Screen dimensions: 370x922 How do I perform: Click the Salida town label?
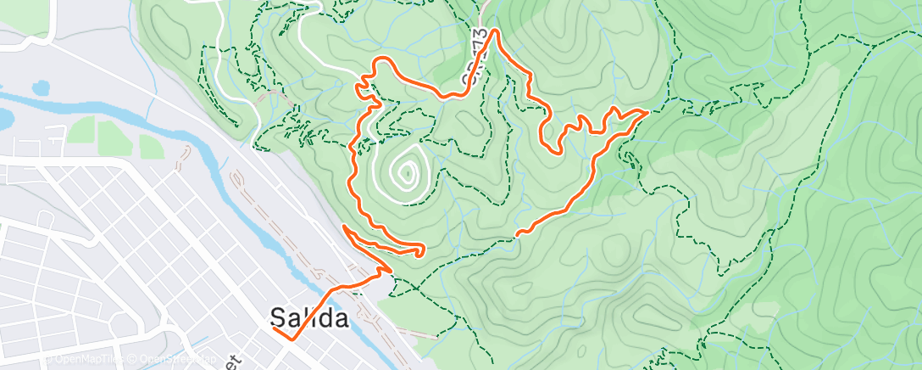[x=309, y=318]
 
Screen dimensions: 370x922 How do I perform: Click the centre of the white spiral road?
[x=408, y=174]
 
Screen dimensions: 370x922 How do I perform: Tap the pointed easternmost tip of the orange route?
[x=648, y=111]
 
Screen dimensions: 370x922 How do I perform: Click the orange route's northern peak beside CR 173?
[x=493, y=31]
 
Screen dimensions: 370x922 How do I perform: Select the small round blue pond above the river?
[x=39, y=87]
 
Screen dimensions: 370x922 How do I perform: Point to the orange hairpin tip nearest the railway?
[x=343, y=227]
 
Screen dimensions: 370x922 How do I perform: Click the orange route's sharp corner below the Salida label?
[x=293, y=339]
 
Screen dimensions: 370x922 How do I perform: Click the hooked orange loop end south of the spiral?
[x=421, y=249]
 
